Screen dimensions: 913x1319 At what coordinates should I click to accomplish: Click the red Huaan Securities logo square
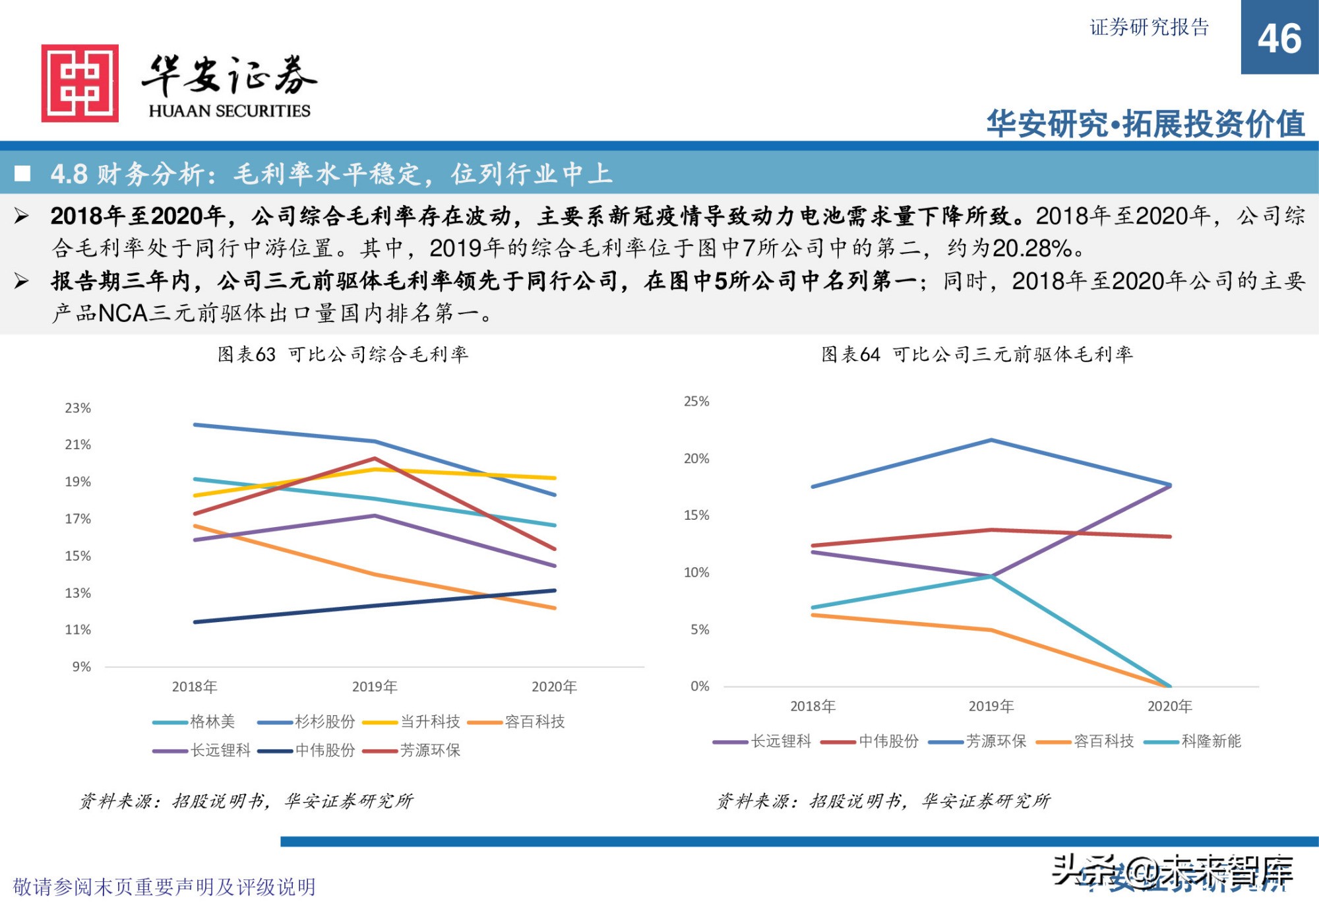click(80, 83)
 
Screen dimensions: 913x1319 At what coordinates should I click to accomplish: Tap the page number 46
click(1279, 39)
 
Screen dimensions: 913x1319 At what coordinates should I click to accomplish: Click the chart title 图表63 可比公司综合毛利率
click(343, 355)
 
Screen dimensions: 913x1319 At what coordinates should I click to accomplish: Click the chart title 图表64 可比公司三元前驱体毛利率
click(977, 355)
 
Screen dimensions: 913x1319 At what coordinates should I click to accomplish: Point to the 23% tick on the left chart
click(78, 408)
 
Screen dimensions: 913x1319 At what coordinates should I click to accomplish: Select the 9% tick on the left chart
click(81, 667)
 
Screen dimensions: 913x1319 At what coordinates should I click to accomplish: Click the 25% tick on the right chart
click(696, 402)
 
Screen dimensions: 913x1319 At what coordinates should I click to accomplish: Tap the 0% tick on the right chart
click(699, 687)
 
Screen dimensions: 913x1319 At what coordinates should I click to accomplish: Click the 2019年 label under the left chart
click(374, 687)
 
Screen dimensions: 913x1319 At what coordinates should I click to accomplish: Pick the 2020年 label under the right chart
click(1169, 707)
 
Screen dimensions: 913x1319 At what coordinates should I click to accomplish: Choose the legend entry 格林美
click(212, 722)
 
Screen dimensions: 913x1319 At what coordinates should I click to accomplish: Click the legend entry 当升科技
click(429, 722)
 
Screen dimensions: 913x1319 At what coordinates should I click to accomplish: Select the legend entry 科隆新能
click(1211, 741)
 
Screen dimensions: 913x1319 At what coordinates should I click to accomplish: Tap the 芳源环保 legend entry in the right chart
click(995, 741)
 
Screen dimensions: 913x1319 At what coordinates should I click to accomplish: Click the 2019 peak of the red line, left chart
click(375, 458)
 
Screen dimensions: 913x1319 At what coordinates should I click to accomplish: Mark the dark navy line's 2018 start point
click(195, 621)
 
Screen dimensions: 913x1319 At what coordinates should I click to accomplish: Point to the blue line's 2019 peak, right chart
click(991, 440)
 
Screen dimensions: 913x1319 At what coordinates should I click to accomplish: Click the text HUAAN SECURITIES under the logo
click(229, 111)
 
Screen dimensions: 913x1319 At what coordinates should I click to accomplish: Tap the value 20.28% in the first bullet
click(1033, 249)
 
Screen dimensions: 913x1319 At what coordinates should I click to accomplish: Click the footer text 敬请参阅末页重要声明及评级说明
click(164, 887)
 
